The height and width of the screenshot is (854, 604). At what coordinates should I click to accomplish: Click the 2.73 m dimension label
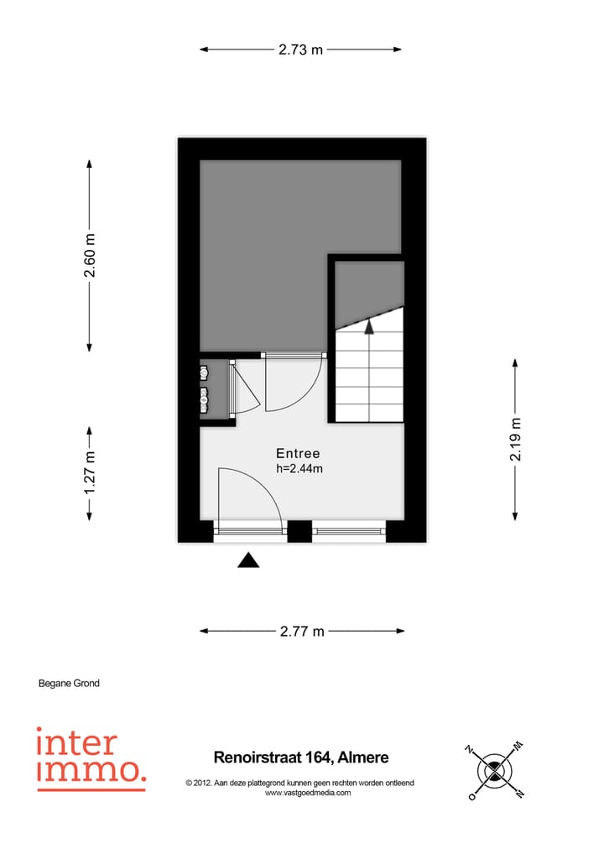[300, 49]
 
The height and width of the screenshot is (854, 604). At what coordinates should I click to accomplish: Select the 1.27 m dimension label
[91, 472]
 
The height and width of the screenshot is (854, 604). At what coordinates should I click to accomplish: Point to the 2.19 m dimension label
[516, 439]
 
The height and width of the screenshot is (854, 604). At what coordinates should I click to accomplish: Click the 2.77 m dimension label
[302, 632]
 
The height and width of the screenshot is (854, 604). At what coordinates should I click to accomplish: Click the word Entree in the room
[299, 453]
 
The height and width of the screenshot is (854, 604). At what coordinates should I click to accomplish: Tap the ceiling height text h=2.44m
[299, 469]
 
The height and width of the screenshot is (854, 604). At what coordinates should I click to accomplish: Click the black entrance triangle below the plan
[248, 561]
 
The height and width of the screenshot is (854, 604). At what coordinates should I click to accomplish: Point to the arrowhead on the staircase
[368, 327]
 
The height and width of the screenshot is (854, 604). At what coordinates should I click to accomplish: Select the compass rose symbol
[495, 769]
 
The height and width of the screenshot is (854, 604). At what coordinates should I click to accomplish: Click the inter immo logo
[91, 758]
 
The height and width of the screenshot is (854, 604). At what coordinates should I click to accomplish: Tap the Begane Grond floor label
[69, 684]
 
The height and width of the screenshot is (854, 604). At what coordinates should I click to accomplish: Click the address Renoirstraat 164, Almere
[299, 758]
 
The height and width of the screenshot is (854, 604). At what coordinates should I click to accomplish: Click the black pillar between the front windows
[299, 530]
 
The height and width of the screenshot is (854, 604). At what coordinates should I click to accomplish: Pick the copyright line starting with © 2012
[299, 783]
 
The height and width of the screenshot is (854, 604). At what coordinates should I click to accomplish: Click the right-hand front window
[348, 530]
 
